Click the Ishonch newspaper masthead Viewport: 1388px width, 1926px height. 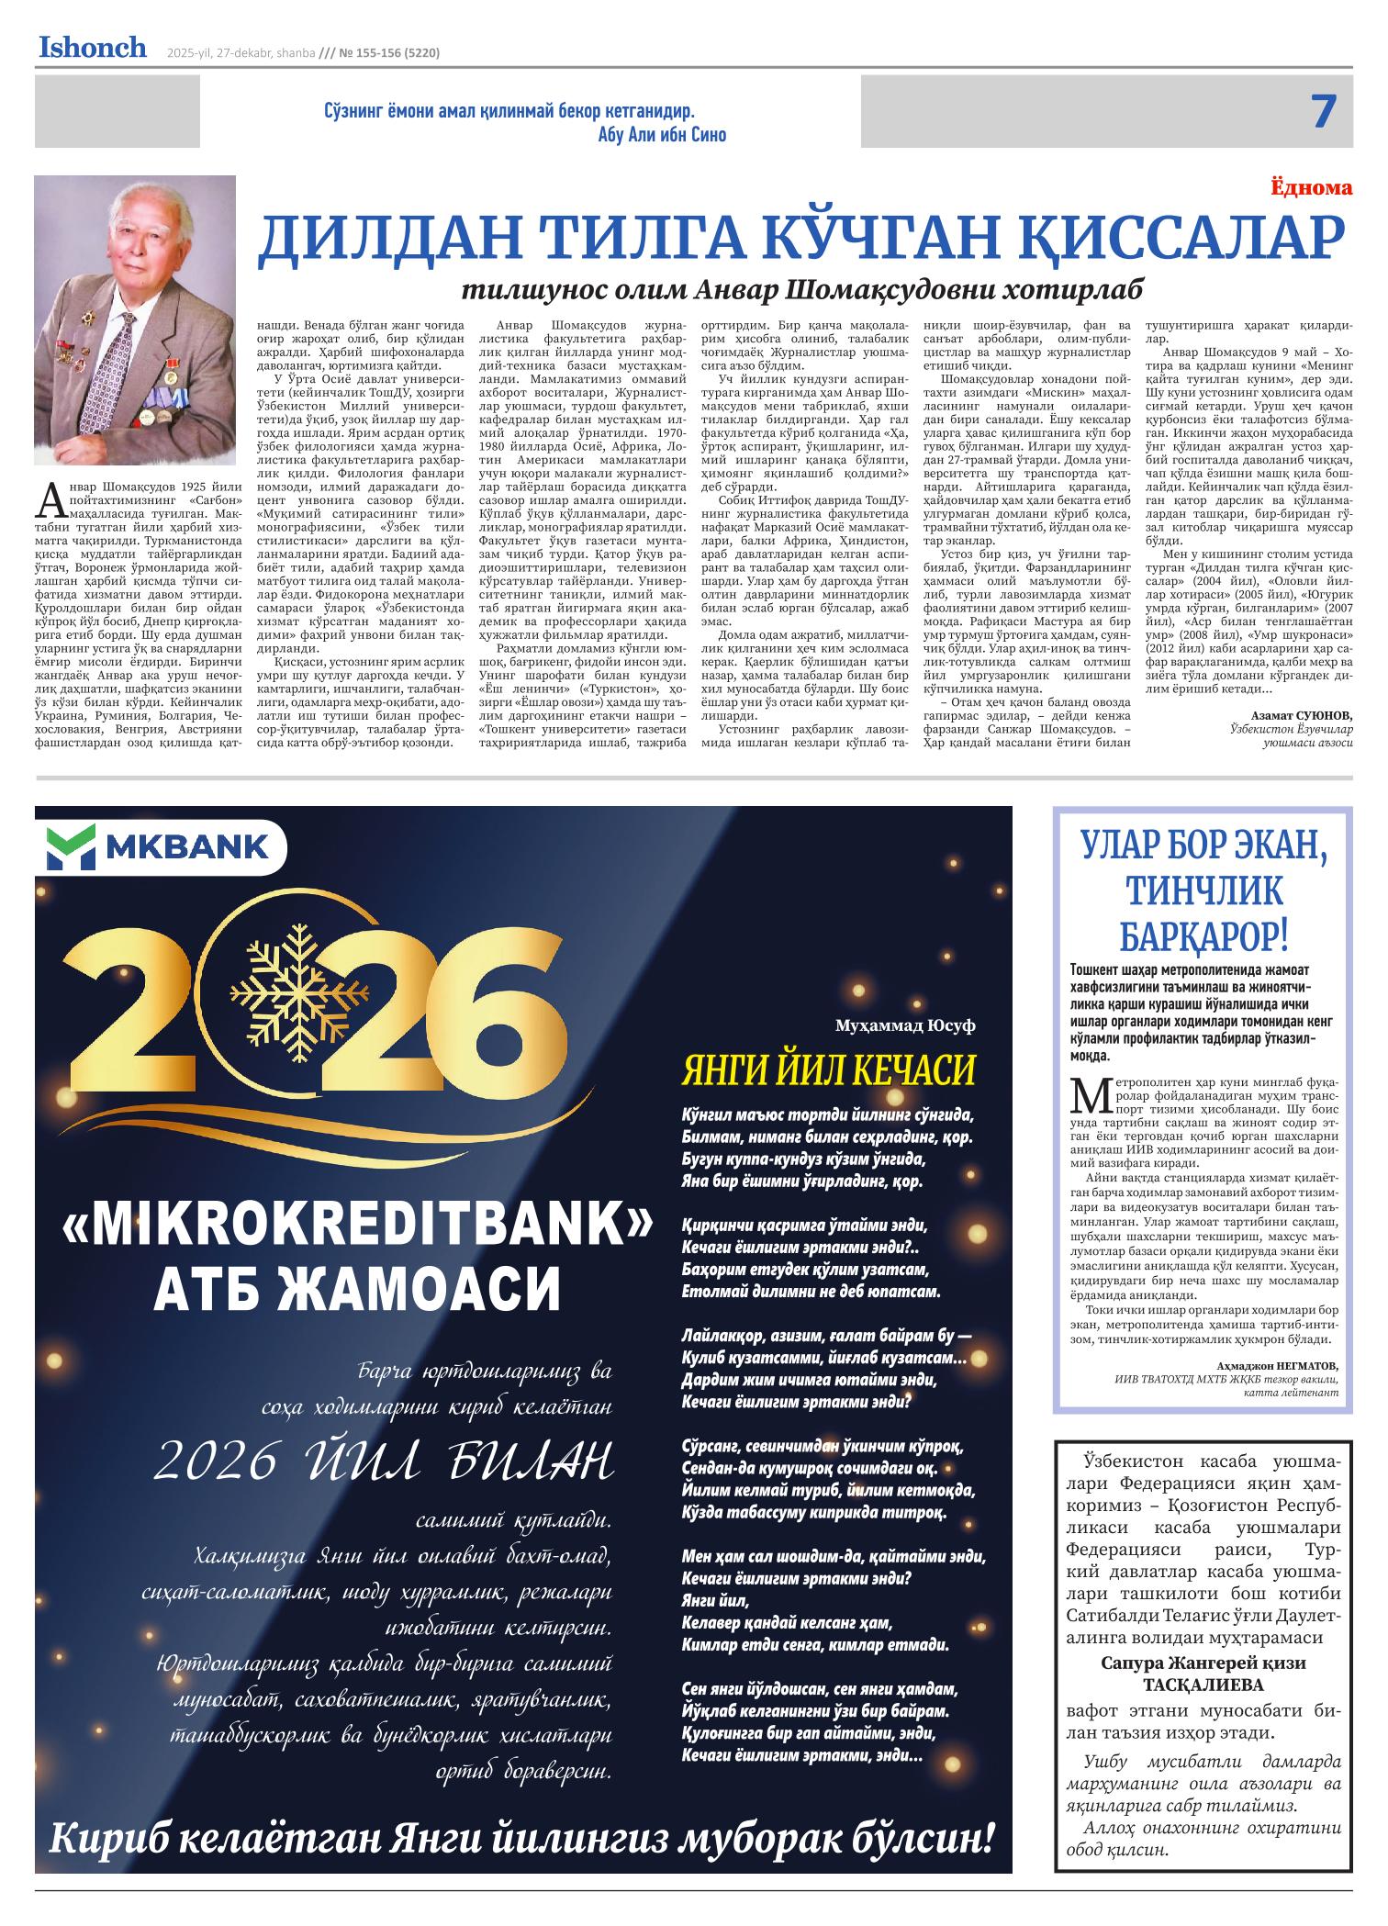[x=92, y=48]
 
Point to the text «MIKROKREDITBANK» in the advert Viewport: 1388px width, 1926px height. [x=358, y=1226]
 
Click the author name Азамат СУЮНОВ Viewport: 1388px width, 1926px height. [x=1301, y=715]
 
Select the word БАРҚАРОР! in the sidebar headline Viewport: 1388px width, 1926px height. [x=1204, y=936]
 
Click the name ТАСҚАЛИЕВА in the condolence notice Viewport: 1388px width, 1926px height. [x=1203, y=1685]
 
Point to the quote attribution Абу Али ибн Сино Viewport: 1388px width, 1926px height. [x=661, y=135]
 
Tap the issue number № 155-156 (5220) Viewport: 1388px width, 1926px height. [x=378, y=53]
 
